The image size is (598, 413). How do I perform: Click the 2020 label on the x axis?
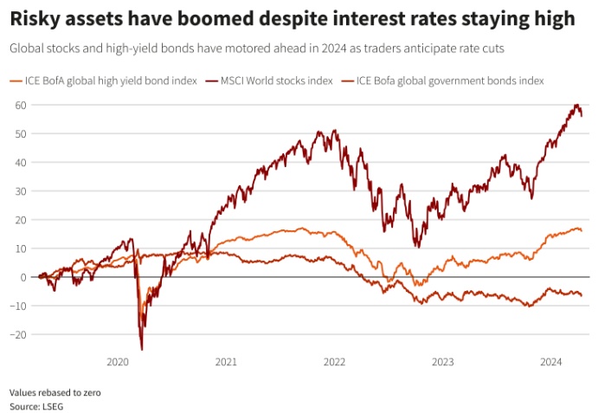(117, 362)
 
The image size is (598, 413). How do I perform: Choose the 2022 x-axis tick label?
(334, 362)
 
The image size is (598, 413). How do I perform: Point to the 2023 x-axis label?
(442, 362)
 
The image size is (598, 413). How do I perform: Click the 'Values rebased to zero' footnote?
(55, 392)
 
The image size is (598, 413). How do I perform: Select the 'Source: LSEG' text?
(36, 405)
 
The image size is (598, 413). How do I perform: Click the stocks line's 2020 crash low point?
(141, 349)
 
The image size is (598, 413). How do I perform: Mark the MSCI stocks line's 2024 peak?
(576, 106)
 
